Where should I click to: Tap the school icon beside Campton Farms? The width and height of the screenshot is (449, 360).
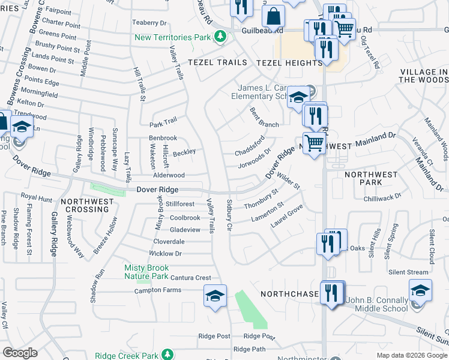pyautogui.click(x=215, y=295)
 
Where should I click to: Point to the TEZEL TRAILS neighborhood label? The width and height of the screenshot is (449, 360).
pyautogui.click(x=217, y=62)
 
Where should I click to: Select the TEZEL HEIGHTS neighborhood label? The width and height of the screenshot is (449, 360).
pyautogui.click(x=289, y=62)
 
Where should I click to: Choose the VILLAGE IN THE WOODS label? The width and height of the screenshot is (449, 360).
pyautogui.click(x=423, y=76)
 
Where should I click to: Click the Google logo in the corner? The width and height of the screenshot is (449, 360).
pyautogui.click(x=20, y=353)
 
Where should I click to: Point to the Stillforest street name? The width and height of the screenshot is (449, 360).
pyautogui.click(x=180, y=205)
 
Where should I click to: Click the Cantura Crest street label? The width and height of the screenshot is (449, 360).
pyautogui.click(x=191, y=278)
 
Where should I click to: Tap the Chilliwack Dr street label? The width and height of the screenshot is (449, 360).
pyautogui.click(x=382, y=197)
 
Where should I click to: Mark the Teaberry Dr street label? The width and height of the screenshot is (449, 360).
pyautogui.click(x=149, y=23)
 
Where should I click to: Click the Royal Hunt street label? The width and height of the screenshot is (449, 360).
pyautogui.click(x=37, y=196)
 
